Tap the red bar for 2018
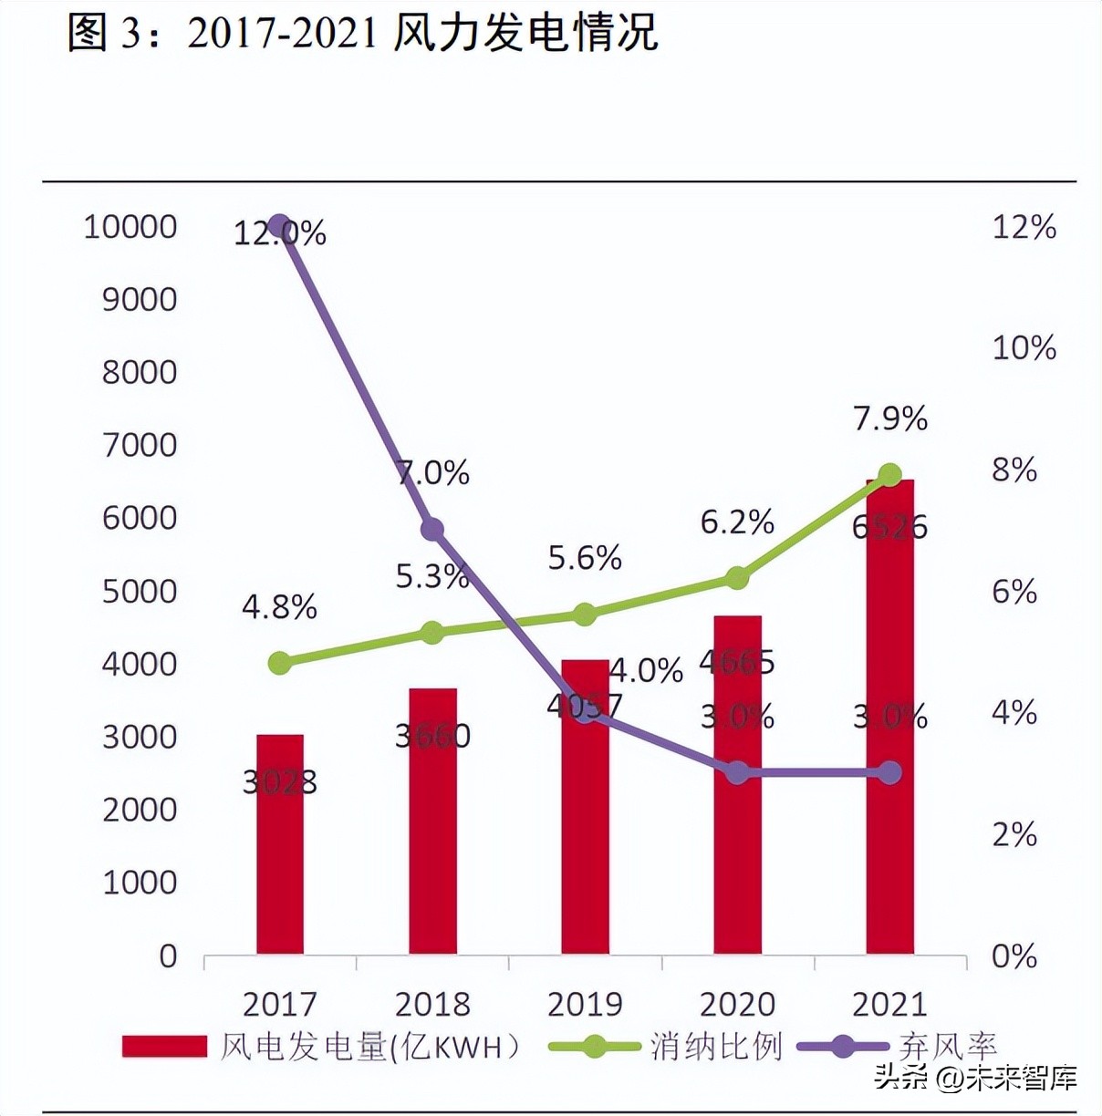(x=432, y=821)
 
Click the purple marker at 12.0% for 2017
(x=279, y=226)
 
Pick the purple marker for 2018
(x=432, y=530)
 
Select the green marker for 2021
(x=889, y=475)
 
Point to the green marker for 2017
(x=280, y=663)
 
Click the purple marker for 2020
(x=737, y=773)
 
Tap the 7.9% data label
(x=890, y=418)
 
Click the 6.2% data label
(x=737, y=522)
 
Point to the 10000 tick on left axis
(x=130, y=226)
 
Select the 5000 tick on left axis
(x=140, y=591)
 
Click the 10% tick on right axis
(x=1024, y=347)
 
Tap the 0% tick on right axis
(x=1014, y=956)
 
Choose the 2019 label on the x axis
(x=585, y=1004)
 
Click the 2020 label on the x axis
(x=737, y=1004)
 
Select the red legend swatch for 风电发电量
(x=164, y=1047)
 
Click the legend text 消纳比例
(x=716, y=1047)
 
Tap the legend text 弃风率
(x=947, y=1047)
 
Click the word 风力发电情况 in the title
(x=525, y=33)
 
